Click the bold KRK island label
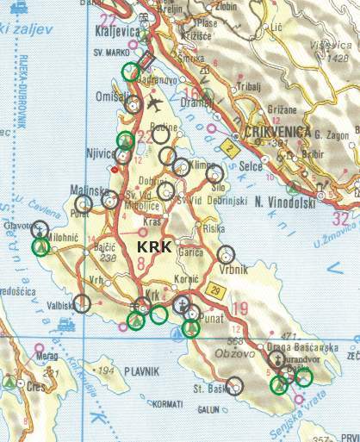point(155,247)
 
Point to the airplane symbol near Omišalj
point(155,103)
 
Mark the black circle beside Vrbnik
point(226,254)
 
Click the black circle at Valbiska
point(82,302)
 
